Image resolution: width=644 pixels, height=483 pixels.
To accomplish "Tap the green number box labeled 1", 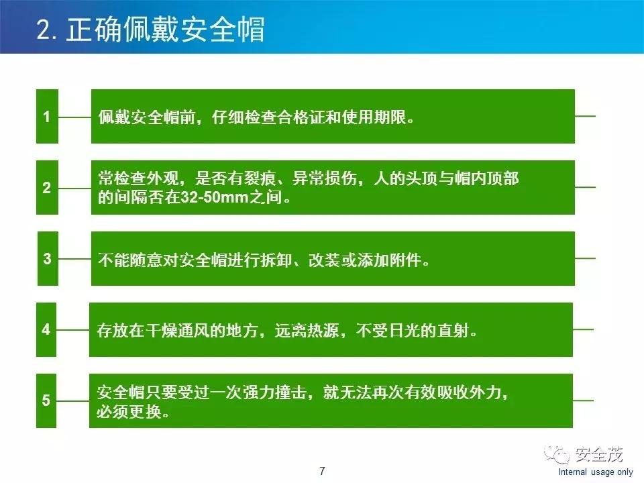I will [x=47, y=116].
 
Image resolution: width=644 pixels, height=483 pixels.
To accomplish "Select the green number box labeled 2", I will [x=47, y=188].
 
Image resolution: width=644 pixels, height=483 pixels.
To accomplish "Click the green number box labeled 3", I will [x=47, y=258].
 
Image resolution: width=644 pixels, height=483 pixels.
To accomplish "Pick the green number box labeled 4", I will [x=46, y=329].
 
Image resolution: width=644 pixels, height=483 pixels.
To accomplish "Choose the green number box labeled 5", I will [x=46, y=401].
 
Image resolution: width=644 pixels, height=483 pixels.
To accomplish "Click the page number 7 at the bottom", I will [x=322, y=470].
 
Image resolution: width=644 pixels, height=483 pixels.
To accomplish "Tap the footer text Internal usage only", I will [x=596, y=472].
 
